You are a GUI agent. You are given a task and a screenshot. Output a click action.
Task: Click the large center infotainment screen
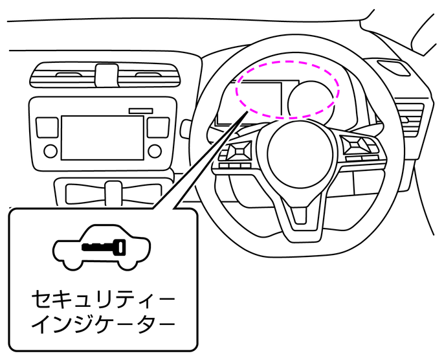pos(102,137)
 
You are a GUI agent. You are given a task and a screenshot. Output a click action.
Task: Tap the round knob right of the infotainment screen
pos(155,152)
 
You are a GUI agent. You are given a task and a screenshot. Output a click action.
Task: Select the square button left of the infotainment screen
pos(46,126)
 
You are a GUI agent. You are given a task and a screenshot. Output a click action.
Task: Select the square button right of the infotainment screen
pos(157,126)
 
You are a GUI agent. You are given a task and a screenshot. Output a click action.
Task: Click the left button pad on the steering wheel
pos(236,152)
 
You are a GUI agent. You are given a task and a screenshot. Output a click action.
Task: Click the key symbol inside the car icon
pos(104,247)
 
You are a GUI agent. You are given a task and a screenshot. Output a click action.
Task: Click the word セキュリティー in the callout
pos(104,300)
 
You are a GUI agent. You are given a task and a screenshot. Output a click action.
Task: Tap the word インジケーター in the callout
pos(104,323)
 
